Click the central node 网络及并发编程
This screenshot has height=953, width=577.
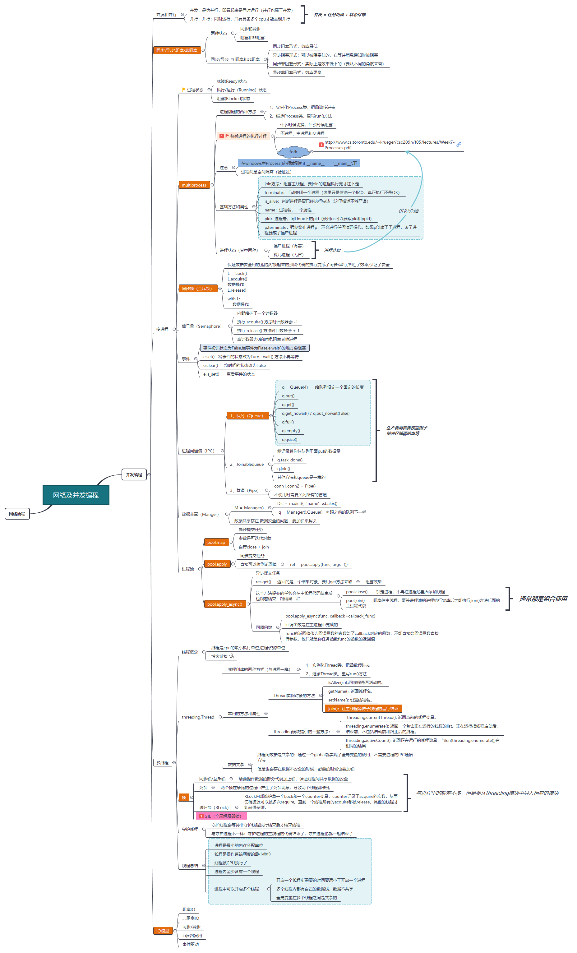(76, 495)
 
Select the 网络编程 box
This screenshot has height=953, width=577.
(17, 514)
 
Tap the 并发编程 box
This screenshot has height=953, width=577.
(134, 474)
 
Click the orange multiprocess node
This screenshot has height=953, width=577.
(194, 185)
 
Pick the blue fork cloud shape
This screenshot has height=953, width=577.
(293, 152)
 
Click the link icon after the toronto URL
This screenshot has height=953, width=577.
(459, 145)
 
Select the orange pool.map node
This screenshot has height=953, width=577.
(216, 542)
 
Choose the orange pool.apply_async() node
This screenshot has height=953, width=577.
(225, 604)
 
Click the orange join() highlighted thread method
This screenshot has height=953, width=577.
(363, 709)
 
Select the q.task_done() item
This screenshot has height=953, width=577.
(290, 460)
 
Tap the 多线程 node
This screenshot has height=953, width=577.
(162, 763)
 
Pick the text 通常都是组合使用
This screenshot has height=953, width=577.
(543, 599)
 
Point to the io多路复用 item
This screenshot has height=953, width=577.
(192, 936)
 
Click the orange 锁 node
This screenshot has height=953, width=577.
(184, 798)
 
